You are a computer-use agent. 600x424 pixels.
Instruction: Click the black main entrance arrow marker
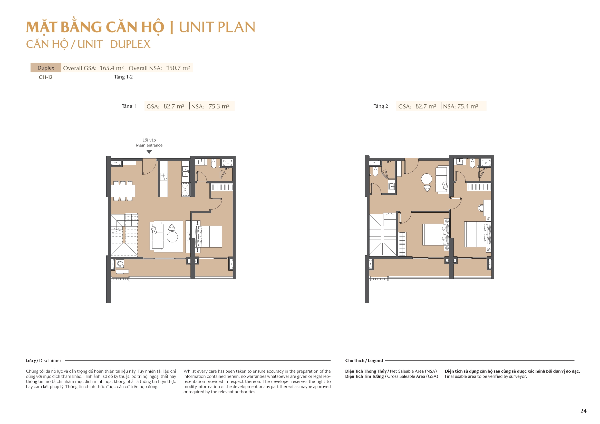point(149,152)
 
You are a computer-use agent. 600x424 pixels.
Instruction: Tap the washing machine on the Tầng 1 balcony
point(120,264)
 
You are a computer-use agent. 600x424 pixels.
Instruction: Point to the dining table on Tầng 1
point(123,191)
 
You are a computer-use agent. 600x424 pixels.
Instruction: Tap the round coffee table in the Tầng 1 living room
point(172,237)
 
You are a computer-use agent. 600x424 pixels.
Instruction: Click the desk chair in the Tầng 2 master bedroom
point(481,208)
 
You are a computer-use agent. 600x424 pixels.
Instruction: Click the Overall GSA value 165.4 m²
point(112,68)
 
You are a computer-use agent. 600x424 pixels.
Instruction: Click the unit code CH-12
point(45,77)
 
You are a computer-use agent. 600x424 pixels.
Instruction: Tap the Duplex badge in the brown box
point(46,68)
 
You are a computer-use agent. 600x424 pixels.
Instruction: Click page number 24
point(583,411)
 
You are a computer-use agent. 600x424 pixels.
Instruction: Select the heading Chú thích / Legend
point(364,361)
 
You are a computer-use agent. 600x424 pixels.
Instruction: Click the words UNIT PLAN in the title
point(217,27)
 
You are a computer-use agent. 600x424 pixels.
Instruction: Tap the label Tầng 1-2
point(123,77)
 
